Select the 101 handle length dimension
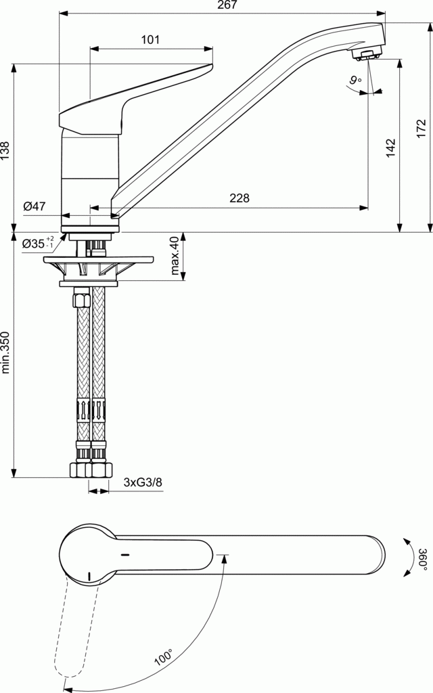pos(150,40)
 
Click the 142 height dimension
pos(390,148)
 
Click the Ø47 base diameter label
pos(34,207)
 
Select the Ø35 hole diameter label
pos(37,243)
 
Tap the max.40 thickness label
pos(174,256)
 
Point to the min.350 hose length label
pos(6,353)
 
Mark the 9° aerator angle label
pos(355,81)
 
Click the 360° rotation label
pos(422,559)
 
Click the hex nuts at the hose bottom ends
pos(91,468)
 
